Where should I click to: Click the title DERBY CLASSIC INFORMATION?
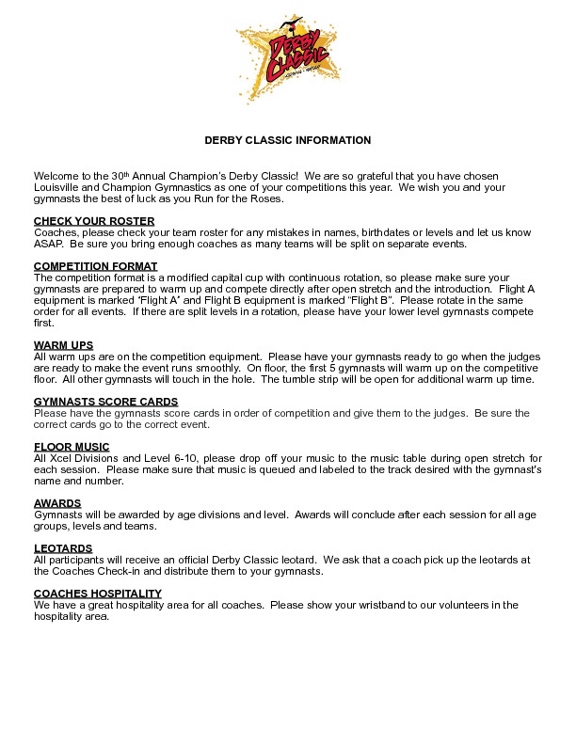point(288,140)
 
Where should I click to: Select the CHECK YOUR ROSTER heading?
point(80,221)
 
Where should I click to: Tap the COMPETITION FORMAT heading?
point(95,266)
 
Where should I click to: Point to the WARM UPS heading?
point(63,345)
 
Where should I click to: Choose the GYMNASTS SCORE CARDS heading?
point(105,402)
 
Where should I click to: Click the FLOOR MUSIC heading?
point(72,447)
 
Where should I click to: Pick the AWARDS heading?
point(57,503)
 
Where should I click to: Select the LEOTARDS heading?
point(63,548)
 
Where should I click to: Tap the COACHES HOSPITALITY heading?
point(98,594)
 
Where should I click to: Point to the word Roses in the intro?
point(264,198)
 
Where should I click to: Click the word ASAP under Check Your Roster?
point(48,244)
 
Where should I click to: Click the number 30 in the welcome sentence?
point(117,176)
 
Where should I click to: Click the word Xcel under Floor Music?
point(58,458)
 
